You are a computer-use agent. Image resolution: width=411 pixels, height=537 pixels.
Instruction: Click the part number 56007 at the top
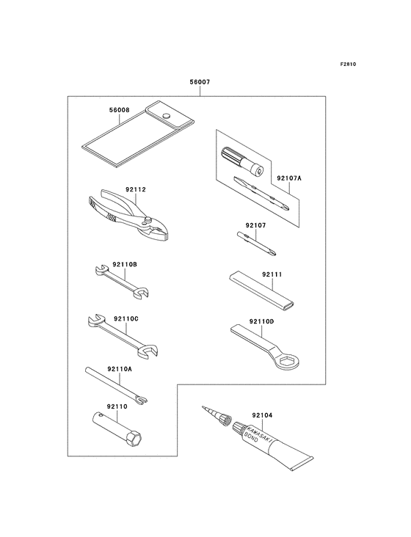point(200,82)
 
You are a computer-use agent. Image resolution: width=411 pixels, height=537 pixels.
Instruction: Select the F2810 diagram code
point(348,64)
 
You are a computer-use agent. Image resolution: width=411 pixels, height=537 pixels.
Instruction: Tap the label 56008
point(119,110)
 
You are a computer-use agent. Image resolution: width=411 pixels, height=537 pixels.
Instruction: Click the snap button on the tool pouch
point(167,115)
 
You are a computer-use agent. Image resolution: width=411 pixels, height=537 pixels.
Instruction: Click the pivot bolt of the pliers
point(148,219)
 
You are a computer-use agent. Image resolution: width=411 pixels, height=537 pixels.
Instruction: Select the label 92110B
point(125,265)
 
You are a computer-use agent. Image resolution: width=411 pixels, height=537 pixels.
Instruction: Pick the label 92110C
point(126,319)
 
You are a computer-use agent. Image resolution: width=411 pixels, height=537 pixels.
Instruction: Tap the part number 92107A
point(289,178)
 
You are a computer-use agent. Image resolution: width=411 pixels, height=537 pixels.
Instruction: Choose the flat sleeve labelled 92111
point(261,289)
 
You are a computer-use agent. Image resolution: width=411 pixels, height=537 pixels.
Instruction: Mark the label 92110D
point(262,321)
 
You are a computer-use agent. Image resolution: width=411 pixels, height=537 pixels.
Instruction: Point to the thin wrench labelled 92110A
point(116,386)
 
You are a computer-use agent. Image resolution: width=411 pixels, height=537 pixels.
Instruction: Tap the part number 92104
point(262,415)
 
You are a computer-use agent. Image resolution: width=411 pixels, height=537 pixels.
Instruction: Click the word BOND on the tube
point(251,438)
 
